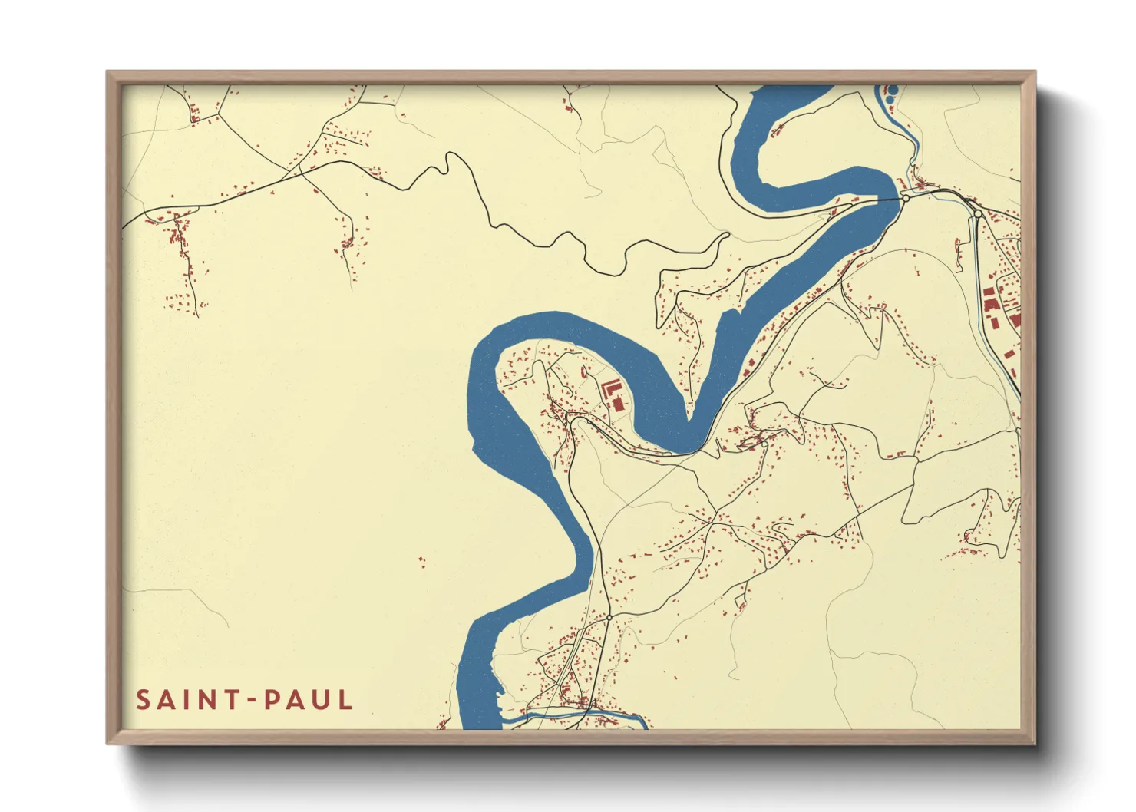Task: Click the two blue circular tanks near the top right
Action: pyautogui.click(x=890, y=95)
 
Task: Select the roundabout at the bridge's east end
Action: pyautogui.click(x=906, y=198)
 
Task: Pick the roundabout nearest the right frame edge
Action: pyautogui.click(x=978, y=214)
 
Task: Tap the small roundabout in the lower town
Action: pyautogui.click(x=609, y=617)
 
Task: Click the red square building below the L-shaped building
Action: pyautogui.click(x=619, y=403)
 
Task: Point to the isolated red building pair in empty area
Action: pyautogui.click(x=421, y=563)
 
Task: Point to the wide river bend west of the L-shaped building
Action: pyautogui.click(x=484, y=384)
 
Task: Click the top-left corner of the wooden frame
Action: pyautogui.click(x=108, y=73)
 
